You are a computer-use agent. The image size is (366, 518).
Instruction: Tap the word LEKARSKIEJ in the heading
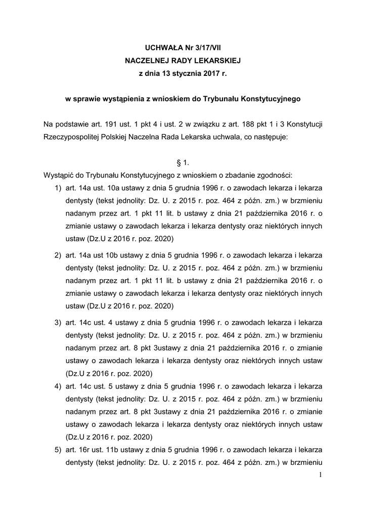click(214, 61)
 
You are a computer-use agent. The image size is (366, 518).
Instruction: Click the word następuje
click(267, 137)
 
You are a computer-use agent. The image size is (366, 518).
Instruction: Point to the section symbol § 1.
click(182, 163)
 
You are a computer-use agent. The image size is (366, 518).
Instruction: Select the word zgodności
click(273, 176)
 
